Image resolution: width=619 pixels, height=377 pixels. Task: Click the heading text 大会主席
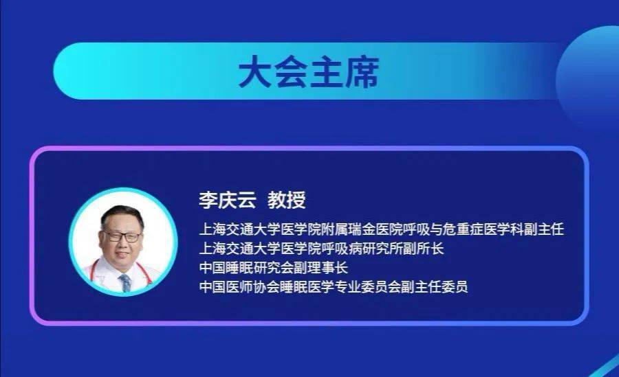point(309,72)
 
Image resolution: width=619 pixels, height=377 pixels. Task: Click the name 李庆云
point(226,201)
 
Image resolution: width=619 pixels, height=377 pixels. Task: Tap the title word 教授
point(286,201)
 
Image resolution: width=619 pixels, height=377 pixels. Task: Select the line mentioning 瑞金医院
point(380,229)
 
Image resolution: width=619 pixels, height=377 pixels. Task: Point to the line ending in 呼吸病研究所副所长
point(321,248)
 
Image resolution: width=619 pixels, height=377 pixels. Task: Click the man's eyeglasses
point(122,236)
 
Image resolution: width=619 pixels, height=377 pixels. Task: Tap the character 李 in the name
point(207,201)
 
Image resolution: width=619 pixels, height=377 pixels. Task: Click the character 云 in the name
point(246,201)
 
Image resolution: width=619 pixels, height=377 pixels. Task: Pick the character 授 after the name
point(296,201)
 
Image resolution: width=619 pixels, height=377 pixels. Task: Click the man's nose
point(124,244)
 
